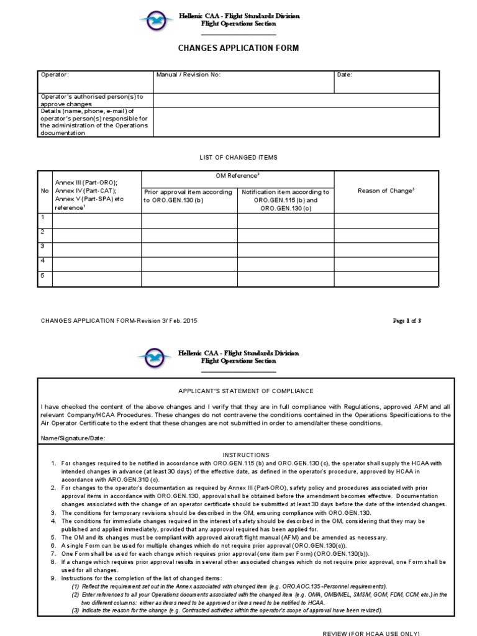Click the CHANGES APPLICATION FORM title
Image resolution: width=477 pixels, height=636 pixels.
click(238, 48)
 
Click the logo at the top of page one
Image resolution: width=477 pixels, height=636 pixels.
click(152, 20)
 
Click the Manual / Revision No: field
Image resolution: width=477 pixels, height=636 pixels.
click(189, 75)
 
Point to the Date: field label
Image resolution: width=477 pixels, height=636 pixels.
click(345, 75)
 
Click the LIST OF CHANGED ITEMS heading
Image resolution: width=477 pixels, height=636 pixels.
click(238, 158)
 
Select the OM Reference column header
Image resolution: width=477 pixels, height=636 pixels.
click(238, 176)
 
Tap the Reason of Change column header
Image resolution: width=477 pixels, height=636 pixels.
click(385, 191)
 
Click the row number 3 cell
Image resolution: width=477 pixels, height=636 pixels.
click(43, 246)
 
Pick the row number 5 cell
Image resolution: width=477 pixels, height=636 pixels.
click(43, 275)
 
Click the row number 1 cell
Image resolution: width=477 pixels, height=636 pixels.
click(43, 217)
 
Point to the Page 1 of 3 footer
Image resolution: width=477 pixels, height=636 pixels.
click(407, 320)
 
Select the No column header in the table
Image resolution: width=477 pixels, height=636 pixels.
click(45, 191)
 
